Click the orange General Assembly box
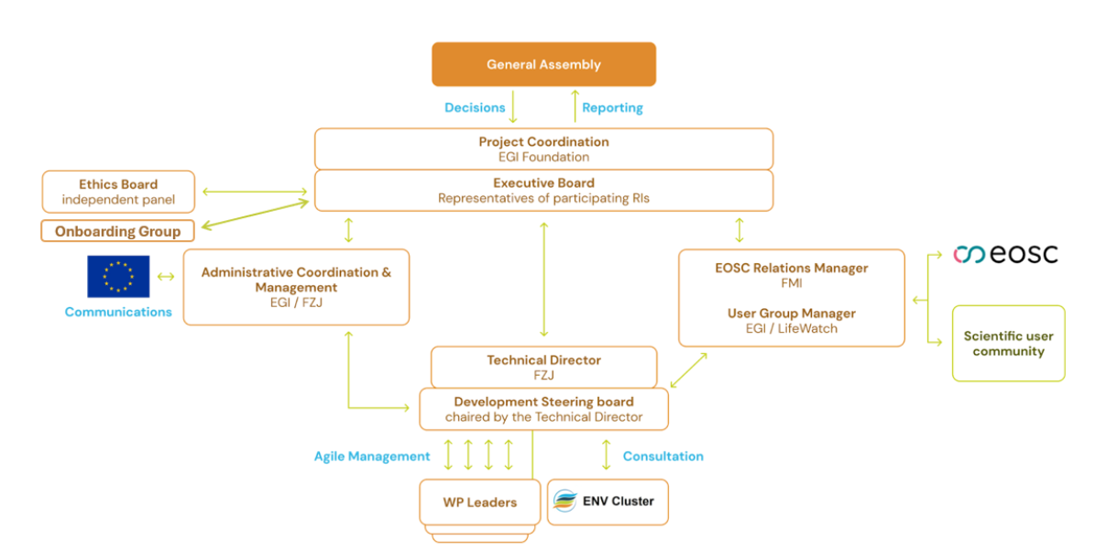coord(543,64)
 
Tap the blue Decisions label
coord(475,107)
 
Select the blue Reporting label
coord(612,107)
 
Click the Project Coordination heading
coord(543,142)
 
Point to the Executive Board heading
coord(543,182)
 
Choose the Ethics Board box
coord(118,192)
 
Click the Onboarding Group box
coord(117,231)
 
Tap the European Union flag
coord(118,276)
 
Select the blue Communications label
coord(118,312)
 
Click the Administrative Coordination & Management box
coord(296,287)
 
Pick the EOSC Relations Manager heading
coord(791,269)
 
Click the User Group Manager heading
coord(791,314)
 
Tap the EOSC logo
coord(1005,254)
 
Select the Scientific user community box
coord(1008,344)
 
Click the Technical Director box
coord(543,367)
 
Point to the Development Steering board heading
coord(543,402)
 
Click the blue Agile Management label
coord(372,456)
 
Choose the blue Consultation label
coord(663,456)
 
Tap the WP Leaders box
coord(479,501)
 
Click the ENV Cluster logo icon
coord(564,501)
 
